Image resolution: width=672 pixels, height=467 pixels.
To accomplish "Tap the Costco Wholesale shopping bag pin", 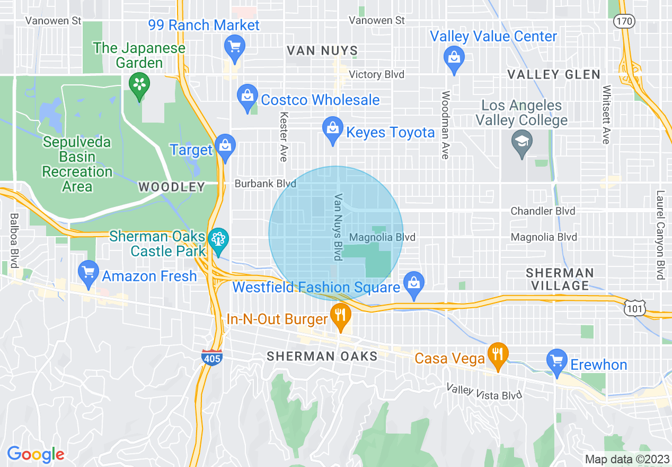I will point(247,98).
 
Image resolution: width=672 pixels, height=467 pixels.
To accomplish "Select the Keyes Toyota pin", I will point(333,130).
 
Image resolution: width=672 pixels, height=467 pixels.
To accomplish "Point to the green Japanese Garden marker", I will point(139,85).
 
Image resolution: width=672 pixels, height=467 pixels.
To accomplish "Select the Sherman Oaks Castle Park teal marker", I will point(218,240).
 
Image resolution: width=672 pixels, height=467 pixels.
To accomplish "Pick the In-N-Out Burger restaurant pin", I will point(340,316).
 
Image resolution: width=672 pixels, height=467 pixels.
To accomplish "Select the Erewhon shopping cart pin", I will point(557,362).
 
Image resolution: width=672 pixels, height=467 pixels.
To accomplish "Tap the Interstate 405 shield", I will point(211,357).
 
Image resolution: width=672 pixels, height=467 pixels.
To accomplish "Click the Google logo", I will point(36,454).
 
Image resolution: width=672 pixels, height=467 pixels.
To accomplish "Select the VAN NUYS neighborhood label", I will point(322,51).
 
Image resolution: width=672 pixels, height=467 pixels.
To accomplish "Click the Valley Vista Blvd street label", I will point(484,392).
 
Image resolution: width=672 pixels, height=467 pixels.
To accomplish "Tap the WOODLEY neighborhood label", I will point(171,187).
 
